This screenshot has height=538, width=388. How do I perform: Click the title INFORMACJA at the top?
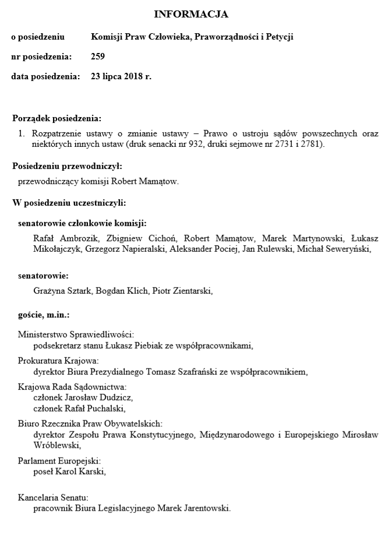pyautogui.click(x=191, y=14)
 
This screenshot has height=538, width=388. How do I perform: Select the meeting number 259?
pyautogui.click(x=98, y=57)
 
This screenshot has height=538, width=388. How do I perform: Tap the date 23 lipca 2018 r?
pyautogui.click(x=121, y=76)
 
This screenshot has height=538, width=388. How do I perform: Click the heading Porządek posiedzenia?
pyautogui.click(x=57, y=118)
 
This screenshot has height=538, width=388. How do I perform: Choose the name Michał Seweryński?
pyautogui.click(x=338, y=249)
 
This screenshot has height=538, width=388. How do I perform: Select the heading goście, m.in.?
pyautogui.click(x=44, y=315)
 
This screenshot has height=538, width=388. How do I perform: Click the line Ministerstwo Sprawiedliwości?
pyautogui.click(x=76, y=335)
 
